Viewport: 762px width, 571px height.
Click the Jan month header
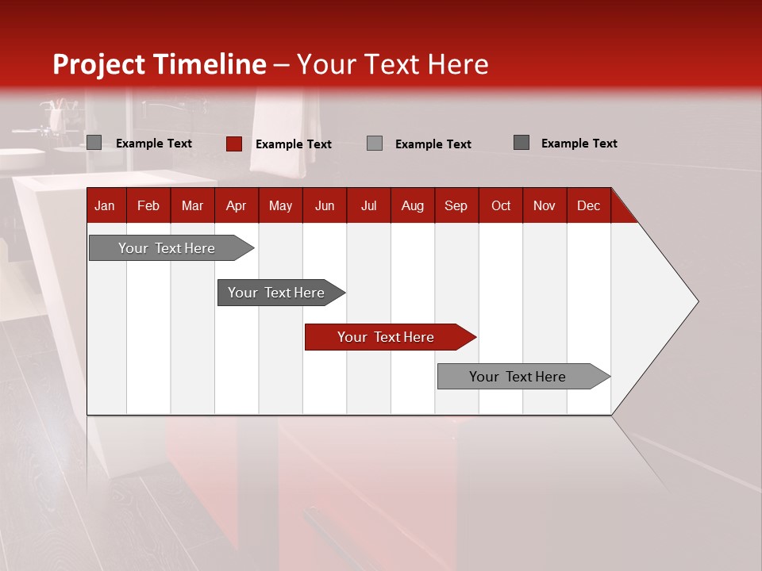105,205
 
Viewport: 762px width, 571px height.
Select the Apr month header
236,205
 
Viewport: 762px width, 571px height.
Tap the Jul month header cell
368,205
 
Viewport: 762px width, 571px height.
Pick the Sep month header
456,205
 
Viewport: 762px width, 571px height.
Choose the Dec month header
588,205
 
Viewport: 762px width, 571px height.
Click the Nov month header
544,205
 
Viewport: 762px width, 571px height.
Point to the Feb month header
148,205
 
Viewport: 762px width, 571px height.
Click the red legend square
234,144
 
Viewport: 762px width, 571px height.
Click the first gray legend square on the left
94,143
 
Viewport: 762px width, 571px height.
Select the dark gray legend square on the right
521,143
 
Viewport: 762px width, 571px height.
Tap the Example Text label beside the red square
293,144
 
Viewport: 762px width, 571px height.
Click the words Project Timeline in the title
159,64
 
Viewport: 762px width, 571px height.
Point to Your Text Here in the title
392,64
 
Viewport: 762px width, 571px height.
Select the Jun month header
324,205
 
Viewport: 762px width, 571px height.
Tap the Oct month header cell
500,205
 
